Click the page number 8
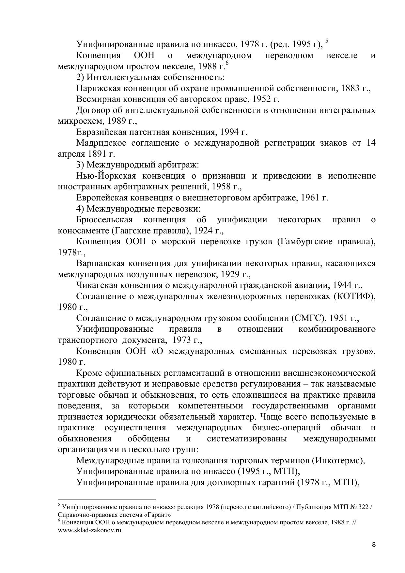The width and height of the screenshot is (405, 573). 374,545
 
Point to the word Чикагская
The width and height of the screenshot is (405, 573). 97,285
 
